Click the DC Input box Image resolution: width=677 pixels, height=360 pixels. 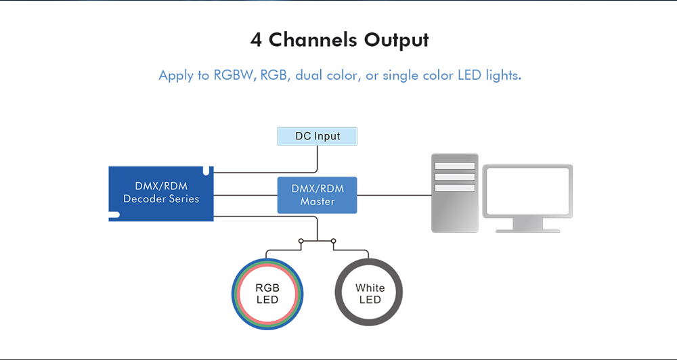point(317,136)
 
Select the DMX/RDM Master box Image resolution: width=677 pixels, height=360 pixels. point(317,195)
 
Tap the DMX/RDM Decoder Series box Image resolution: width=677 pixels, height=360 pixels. point(161,193)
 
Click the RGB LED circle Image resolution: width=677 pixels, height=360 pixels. point(267,293)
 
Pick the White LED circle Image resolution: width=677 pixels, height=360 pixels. point(370,293)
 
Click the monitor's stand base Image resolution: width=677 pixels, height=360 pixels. point(527,230)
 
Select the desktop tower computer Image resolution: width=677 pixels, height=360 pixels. point(455,193)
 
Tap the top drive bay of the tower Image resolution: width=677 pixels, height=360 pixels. point(455,166)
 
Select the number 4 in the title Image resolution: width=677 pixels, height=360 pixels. point(256,40)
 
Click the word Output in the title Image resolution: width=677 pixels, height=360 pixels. point(397,40)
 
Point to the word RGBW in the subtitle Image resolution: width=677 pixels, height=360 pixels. point(234,75)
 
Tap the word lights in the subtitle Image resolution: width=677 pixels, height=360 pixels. point(503,75)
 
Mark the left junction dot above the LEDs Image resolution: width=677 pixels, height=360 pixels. point(301,240)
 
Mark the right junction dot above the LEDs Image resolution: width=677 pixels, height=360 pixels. point(334,240)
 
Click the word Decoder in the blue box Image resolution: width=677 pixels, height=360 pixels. point(148,199)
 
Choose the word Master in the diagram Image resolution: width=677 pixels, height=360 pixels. point(318,202)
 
